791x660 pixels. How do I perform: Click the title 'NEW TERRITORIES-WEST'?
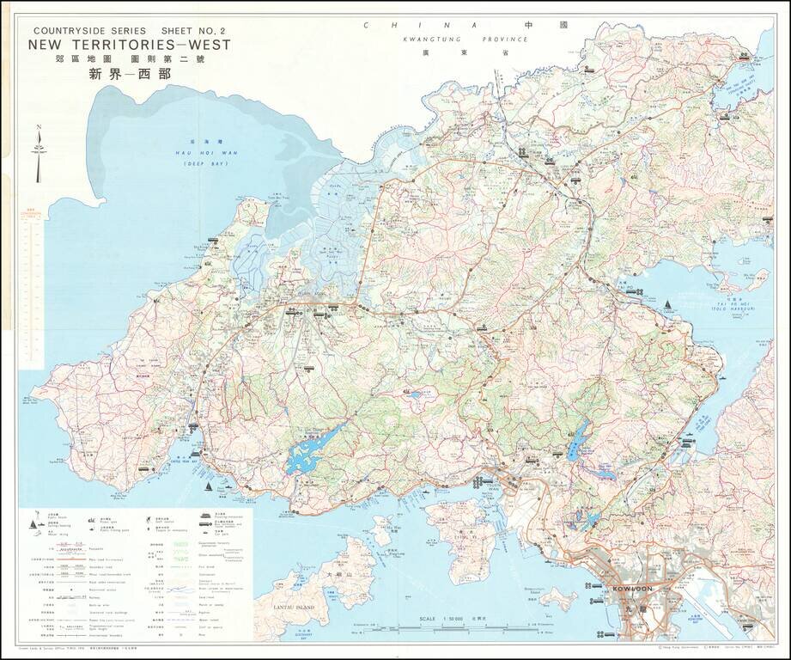(130, 45)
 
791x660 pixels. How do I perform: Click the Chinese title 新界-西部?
(130, 74)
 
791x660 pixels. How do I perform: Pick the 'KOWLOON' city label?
(632, 590)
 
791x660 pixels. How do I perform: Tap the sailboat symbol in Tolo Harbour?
(667, 306)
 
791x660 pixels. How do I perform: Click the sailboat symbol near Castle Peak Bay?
(208, 486)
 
